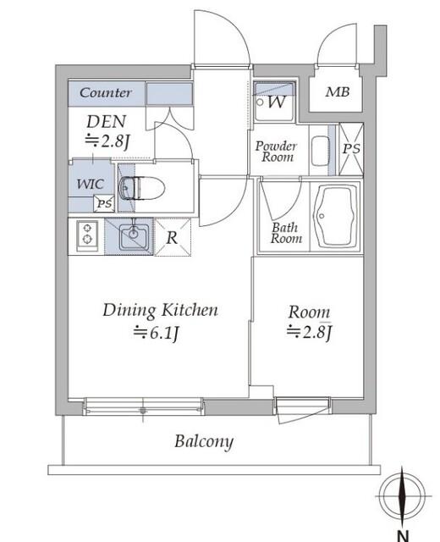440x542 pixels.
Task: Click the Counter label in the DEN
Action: pos(106,93)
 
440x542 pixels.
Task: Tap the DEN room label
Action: pos(106,122)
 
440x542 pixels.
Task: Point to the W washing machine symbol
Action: pos(275,103)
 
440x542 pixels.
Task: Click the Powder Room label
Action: pos(275,151)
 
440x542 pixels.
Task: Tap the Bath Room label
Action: pos(286,233)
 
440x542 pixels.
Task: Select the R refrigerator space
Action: pos(172,237)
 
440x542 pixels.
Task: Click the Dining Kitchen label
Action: pos(160,310)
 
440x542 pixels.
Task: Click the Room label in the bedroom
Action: pos(309,311)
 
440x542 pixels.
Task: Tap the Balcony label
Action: pos(204,441)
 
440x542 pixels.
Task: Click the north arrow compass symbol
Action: pos(400,495)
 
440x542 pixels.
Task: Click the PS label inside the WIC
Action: pos(103,203)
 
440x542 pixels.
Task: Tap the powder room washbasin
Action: pos(319,151)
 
